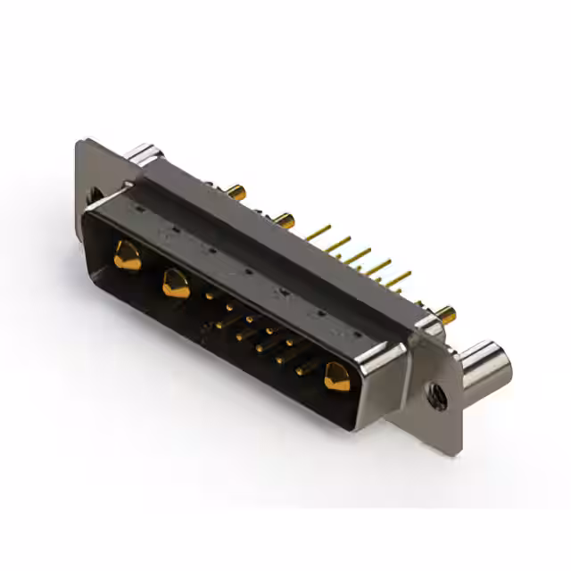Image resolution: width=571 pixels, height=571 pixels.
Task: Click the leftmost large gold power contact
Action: [128, 259]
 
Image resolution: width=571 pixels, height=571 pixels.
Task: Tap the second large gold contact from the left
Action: [174, 285]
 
